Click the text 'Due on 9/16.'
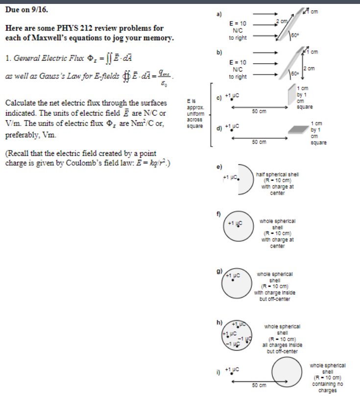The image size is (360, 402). pos(26,9)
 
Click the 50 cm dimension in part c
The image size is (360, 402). pos(259,111)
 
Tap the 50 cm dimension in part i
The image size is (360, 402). pos(259,385)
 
